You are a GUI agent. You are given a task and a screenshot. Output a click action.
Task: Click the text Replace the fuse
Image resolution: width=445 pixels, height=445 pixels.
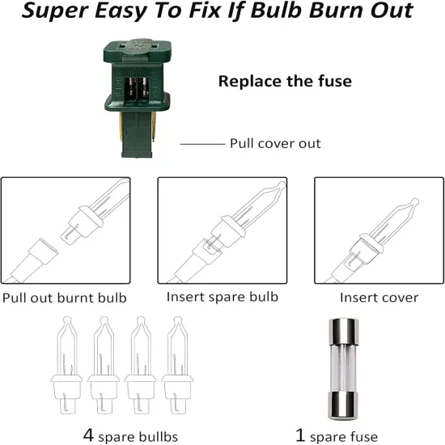(x=285, y=81)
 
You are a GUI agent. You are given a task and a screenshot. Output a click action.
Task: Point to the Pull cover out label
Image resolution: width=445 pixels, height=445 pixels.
(x=275, y=143)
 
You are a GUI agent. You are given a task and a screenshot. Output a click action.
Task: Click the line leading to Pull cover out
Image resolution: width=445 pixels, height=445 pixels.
(x=202, y=144)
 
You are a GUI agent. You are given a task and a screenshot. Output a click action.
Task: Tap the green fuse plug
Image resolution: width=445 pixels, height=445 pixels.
(x=137, y=98)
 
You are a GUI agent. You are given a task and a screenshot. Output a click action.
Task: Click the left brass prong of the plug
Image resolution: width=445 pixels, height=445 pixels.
(x=121, y=126)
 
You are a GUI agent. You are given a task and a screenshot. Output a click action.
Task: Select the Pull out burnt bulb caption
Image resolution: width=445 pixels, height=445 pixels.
(x=65, y=298)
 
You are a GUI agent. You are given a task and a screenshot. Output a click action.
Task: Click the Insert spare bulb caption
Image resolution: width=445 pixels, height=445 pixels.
(x=222, y=297)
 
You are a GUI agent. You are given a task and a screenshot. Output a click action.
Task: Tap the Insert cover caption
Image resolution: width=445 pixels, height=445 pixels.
(x=379, y=298)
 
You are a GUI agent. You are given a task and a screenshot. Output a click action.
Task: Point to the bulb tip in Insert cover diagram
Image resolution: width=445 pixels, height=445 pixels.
(x=414, y=202)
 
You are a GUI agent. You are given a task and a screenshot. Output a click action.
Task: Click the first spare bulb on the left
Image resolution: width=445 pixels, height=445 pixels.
(x=66, y=366)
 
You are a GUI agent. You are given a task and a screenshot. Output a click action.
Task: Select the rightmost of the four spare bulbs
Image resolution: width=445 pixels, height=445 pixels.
(x=177, y=366)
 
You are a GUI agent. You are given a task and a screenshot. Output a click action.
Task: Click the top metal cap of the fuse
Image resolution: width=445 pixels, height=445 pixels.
(x=343, y=332)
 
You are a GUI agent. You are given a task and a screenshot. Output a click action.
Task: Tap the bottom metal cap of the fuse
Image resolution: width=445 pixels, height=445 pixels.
(x=343, y=405)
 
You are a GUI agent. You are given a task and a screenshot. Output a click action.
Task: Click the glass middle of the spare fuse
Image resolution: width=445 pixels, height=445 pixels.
(x=343, y=368)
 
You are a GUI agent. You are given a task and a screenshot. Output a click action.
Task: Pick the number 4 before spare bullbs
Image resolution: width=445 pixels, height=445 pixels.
(x=88, y=434)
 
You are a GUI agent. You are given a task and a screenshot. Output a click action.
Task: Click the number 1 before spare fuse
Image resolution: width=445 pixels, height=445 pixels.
(x=300, y=434)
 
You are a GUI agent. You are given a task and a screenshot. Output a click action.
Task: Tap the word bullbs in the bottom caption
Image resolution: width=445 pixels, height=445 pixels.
(x=159, y=437)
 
